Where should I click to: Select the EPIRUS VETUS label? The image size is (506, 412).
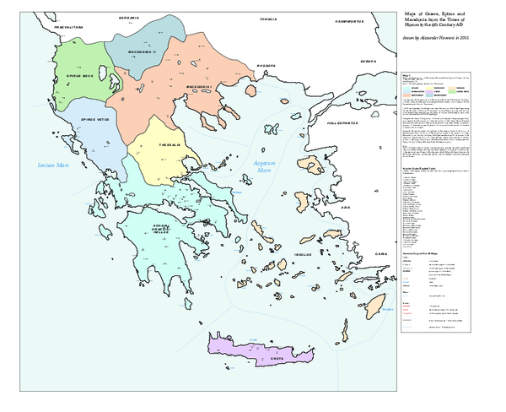(x=94, y=119)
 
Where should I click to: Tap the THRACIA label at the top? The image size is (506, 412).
(x=269, y=18)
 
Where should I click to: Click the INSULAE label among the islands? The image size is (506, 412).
(x=303, y=252)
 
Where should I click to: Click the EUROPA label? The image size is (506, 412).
(x=369, y=62)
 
